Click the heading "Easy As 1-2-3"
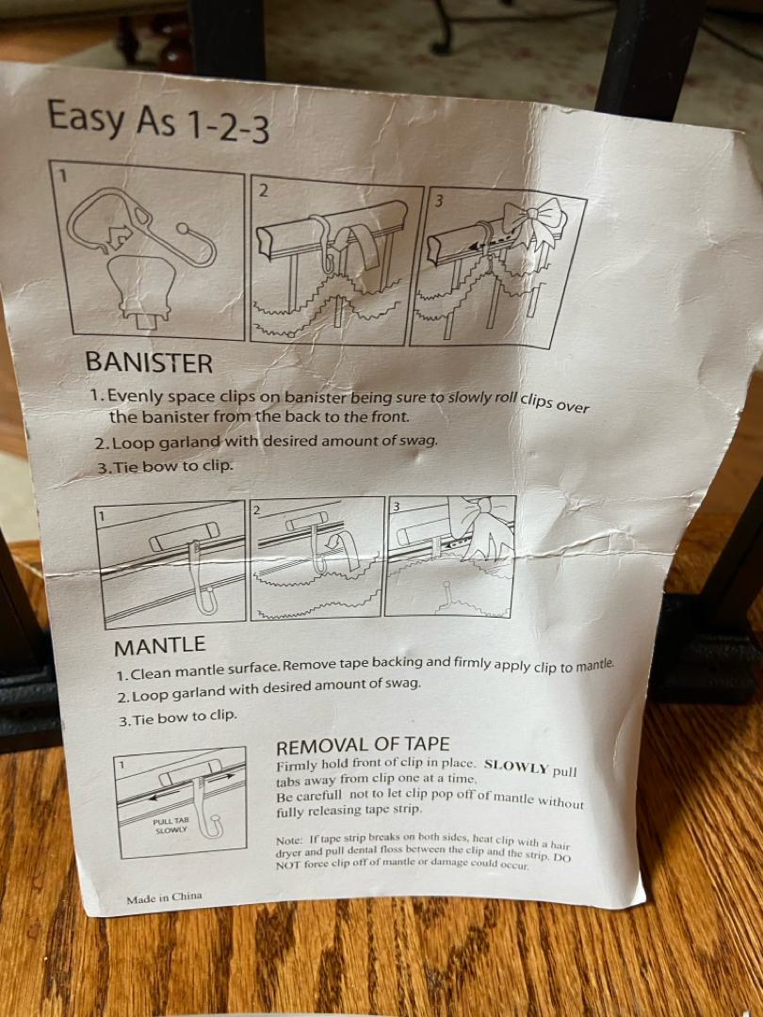[158, 121]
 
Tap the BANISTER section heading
[149, 363]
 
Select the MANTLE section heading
[159, 645]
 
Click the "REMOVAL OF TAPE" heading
[363, 746]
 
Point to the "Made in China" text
[164, 897]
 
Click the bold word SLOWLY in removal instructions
[517, 767]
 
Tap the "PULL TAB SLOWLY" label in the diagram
[171, 825]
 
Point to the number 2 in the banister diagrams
[263, 190]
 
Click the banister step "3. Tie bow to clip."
[165, 466]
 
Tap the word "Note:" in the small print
[289, 840]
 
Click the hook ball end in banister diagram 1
[183, 228]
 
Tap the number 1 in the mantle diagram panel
[101, 516]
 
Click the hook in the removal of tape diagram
[207, 814]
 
